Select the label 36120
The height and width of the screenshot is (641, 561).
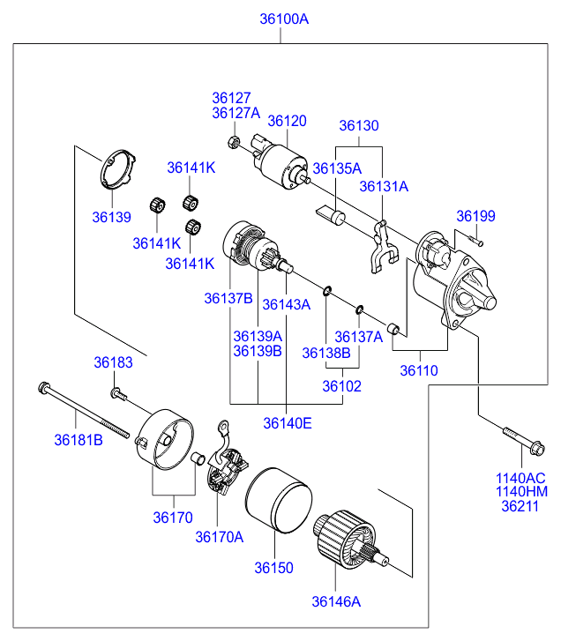[287, 121]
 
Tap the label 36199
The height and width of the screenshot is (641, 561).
[475, 216]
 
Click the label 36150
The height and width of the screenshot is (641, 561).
[274, 569]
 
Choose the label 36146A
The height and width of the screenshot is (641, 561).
[336, 602]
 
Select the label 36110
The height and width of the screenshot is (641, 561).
[418, 370]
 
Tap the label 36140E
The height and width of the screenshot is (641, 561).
[287, 422]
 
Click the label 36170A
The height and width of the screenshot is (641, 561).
[219, 536]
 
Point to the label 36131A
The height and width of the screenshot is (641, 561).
[384, 186]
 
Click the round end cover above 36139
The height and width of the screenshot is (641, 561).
[116, 172]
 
